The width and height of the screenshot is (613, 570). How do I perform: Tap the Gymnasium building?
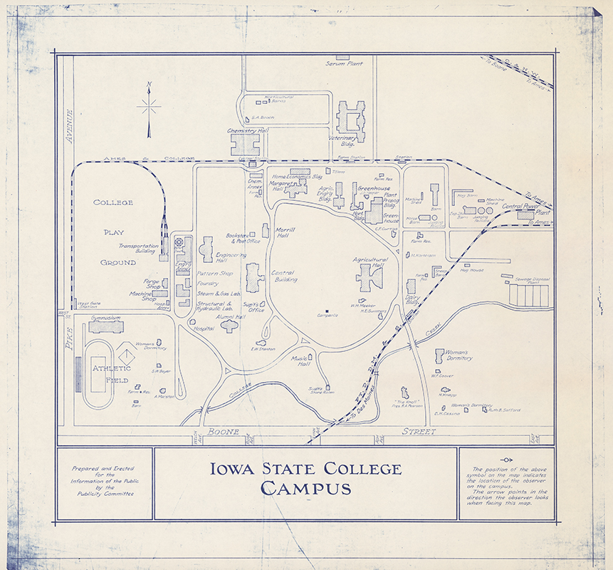click(x=106, y=327)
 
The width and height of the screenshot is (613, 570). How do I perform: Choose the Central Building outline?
click(x=253, y=276)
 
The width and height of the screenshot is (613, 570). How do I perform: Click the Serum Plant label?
click(x=344, y=63)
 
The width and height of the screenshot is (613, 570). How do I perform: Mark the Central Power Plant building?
click(x=525, y=214)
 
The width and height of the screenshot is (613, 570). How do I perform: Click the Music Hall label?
click(x=300, y=361)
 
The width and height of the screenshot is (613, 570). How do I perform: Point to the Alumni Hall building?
click(x=230, y=326)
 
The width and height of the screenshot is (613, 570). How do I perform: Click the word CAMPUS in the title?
click(x=305, y=488)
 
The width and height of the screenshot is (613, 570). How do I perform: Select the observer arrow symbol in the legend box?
click(x=506, y=460)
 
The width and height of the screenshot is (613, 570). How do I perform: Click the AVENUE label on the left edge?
click(x=70, y=126)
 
